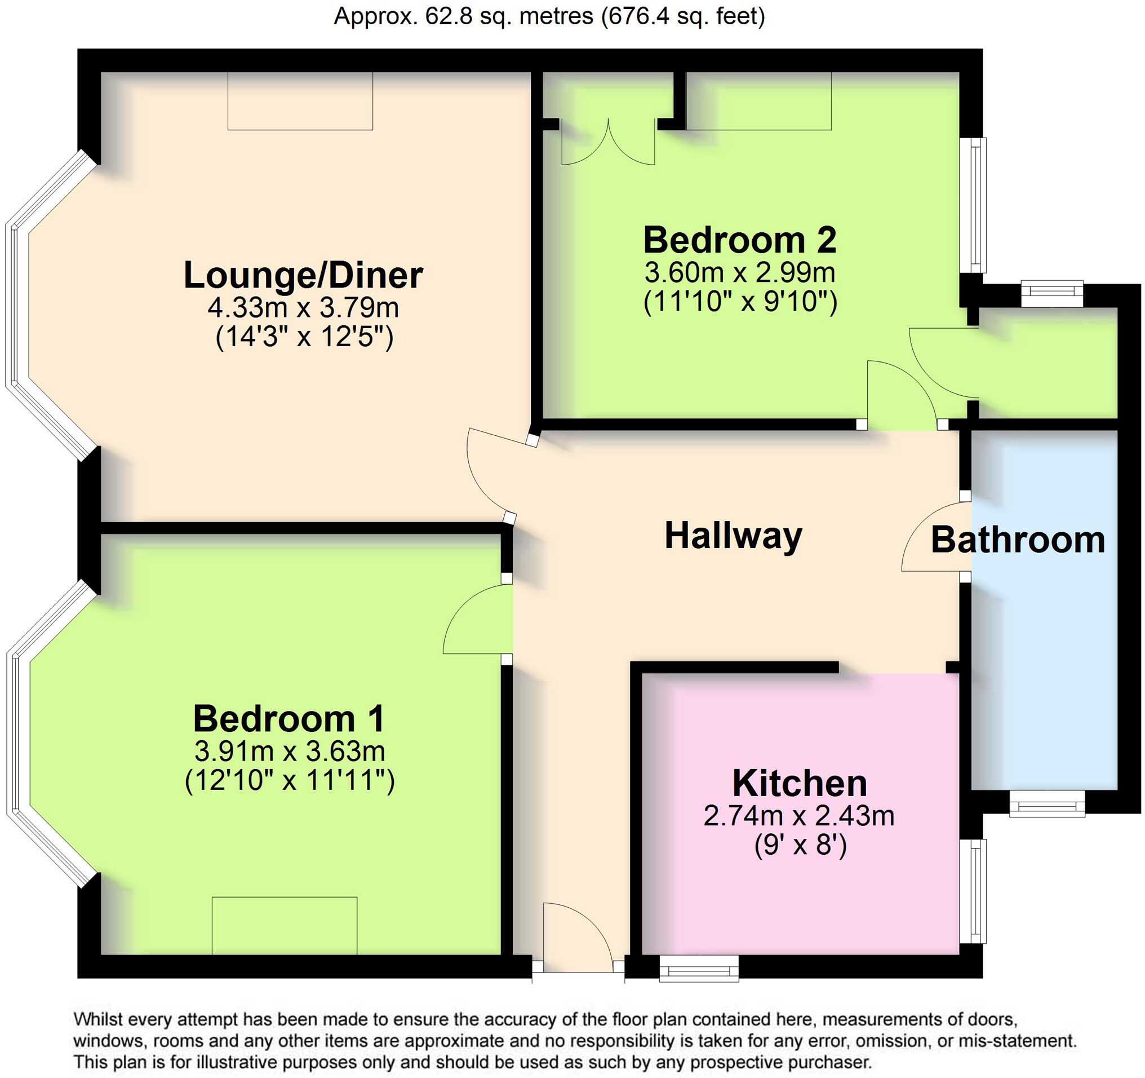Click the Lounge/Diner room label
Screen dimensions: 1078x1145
point(303,275)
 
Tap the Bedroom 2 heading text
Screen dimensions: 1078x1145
point(739,240)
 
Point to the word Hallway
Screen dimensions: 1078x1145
point(733,535)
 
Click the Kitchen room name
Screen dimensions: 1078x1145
point(800,783)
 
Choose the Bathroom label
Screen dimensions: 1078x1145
point(1018,540)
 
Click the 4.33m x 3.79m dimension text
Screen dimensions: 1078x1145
point(303,308)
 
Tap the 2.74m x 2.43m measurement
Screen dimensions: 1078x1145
point(799,816)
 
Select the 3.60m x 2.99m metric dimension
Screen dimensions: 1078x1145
point(739,272)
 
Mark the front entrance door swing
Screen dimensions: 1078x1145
point(577,935)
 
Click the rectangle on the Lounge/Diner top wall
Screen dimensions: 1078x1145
point(300,101)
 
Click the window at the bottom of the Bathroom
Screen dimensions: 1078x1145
point(1046,804)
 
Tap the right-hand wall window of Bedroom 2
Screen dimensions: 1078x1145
point(975,205)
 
